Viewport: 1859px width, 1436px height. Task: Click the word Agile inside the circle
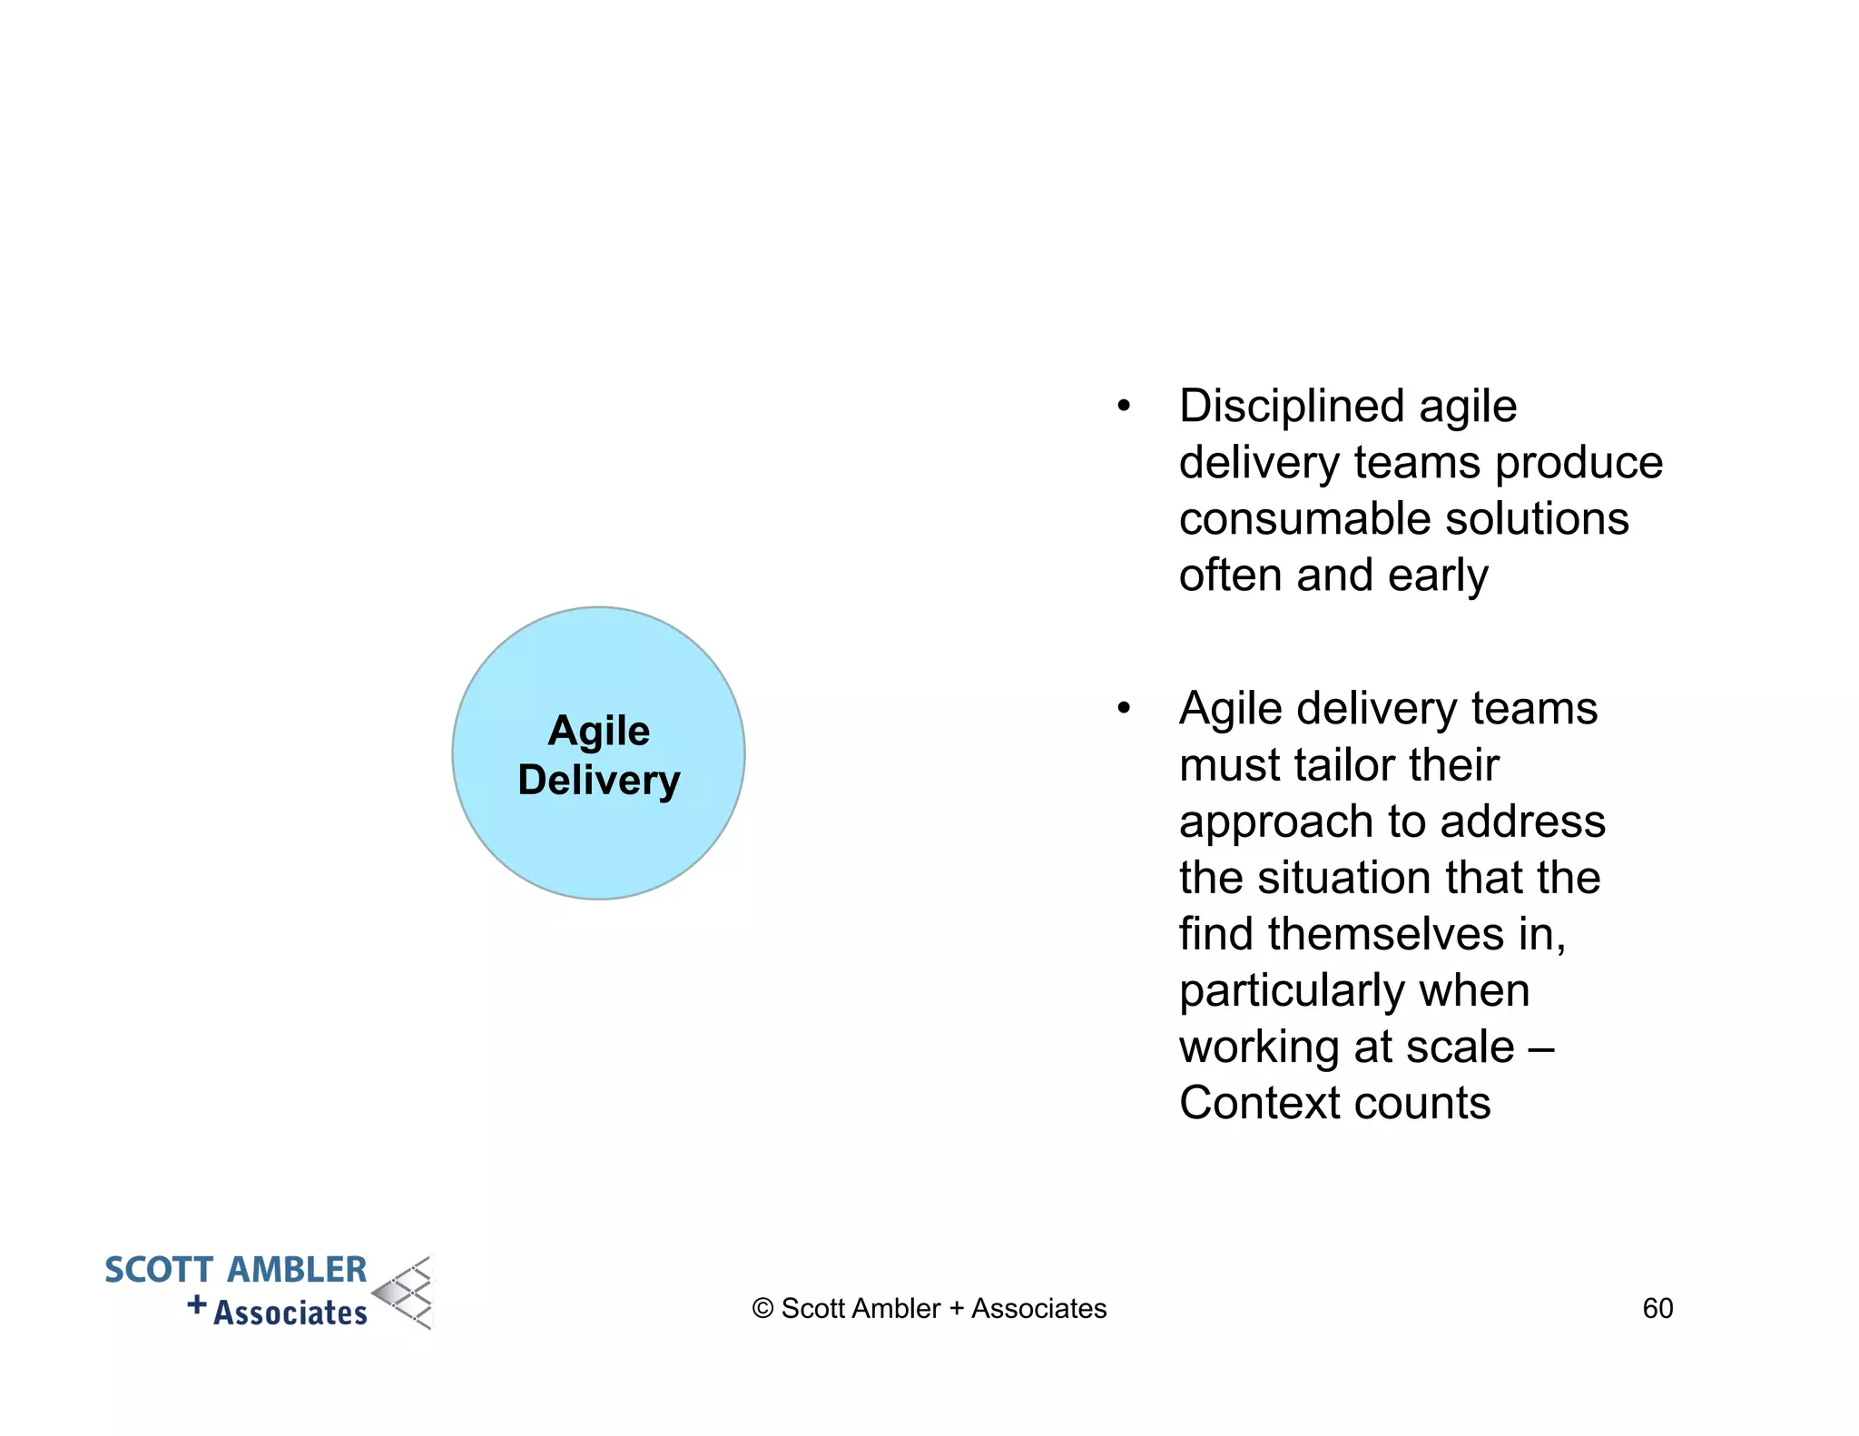point(598,731)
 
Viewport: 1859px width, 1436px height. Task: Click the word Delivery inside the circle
point(598,781)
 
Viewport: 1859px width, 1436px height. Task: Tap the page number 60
point(1657,1308)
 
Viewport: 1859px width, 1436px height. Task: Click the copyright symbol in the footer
point(762,1309)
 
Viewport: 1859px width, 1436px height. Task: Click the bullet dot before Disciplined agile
point(1124,406)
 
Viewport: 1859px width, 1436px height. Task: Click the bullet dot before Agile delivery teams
point(1124,708)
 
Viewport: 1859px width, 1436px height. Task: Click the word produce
point(1579,463)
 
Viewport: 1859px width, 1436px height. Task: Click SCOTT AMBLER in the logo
point(235,1270)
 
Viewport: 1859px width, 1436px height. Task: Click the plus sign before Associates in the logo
point(196,1305)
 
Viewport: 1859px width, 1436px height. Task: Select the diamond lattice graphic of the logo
point(405,1293)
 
